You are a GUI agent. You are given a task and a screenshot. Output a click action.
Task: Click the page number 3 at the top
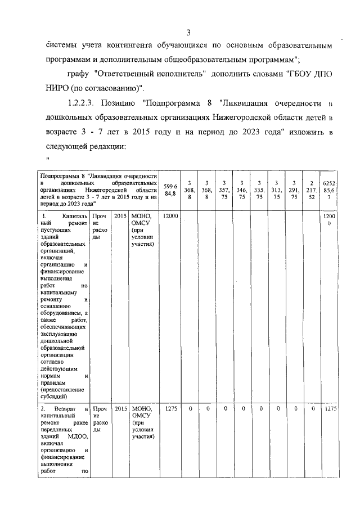(x=189, y=31)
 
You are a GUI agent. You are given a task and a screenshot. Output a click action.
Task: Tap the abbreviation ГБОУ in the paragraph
(x=300, y=74)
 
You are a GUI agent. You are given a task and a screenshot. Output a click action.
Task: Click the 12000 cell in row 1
(x=170, y=216)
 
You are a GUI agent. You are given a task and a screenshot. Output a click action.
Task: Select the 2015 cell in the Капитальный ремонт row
(x=120, y=216)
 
